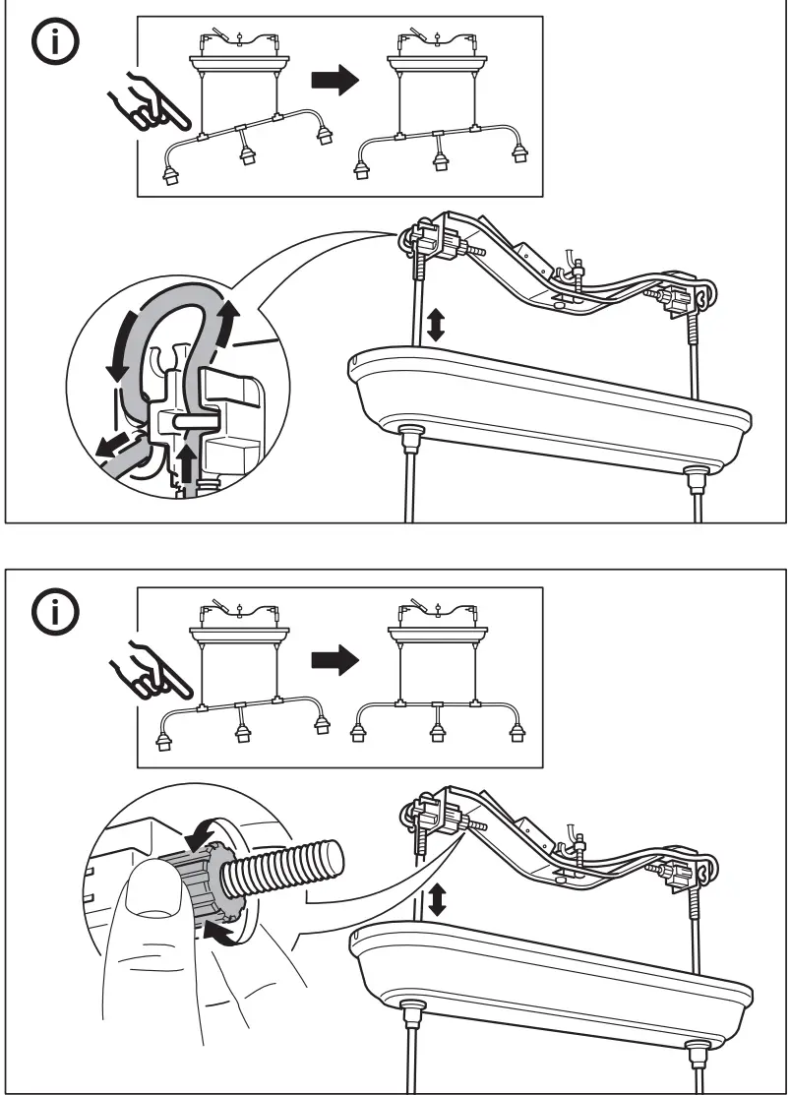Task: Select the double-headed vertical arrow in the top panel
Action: point(436,324)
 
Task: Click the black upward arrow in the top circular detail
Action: point(188,461)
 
